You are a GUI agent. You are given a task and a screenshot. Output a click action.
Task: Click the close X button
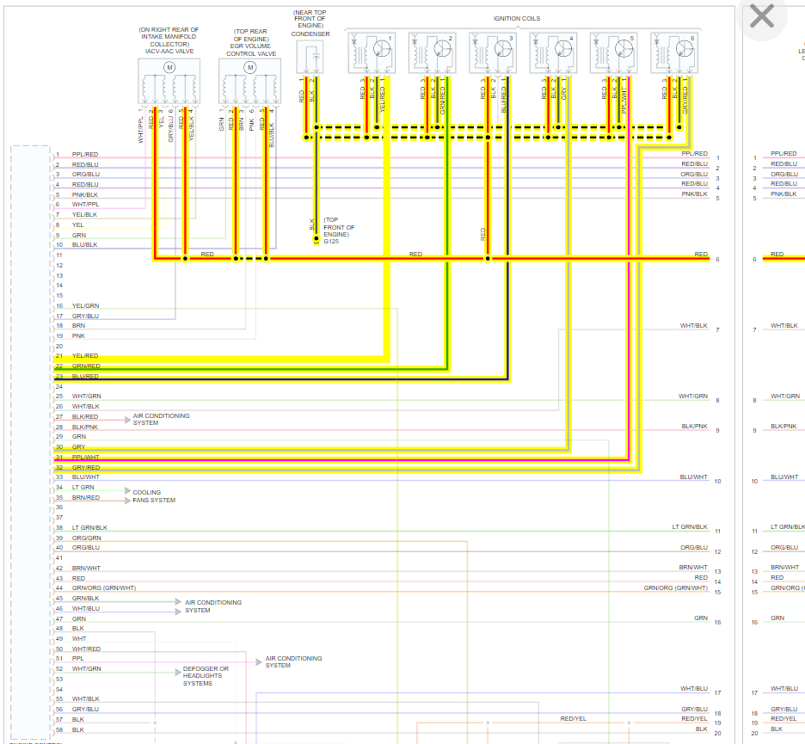tap(762, 15)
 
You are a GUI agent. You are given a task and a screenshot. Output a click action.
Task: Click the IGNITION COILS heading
tap(516, 18)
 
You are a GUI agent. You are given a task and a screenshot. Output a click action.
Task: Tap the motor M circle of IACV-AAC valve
tap(169, 67)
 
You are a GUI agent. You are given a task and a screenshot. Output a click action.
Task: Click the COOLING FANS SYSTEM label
tap(154, 496)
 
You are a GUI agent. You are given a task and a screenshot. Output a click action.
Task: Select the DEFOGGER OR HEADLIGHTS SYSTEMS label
tap(206, 676)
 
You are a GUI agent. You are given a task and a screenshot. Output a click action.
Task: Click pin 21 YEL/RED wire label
tap(85, 355)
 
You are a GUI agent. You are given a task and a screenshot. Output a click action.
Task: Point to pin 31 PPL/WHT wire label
tap(85, 458)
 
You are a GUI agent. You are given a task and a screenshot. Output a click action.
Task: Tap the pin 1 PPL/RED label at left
tap(85, 154)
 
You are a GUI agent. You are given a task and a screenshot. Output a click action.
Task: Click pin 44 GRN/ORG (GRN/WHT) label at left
tap(104, 588)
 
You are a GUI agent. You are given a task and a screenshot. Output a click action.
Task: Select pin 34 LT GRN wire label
tap(83, 487)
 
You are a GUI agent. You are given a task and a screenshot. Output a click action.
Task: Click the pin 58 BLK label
tap(78, 729)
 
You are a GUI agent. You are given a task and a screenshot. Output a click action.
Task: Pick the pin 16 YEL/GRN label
tap(85, 306)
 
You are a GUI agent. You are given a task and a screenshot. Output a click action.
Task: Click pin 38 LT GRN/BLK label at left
tap(89, 527)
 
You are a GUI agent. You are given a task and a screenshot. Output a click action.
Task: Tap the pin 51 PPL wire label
tap(78, 659)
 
